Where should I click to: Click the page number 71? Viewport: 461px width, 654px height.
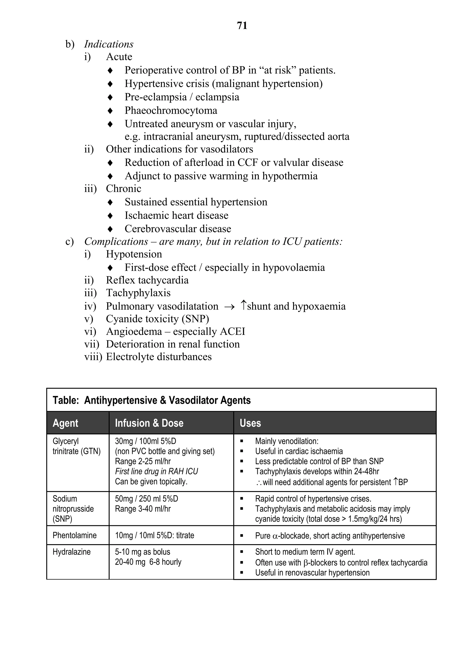click(x=242, y=26)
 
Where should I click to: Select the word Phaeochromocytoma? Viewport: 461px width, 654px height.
click(x=171, y=110)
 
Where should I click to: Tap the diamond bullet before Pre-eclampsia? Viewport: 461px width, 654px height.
click(x=110, y=97)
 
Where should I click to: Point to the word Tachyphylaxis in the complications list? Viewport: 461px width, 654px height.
click(x=138, y=293)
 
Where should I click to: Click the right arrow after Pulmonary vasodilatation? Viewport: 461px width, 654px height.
click(x=229, y=307)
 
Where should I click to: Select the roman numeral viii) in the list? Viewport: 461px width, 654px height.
click(x=93, y=357)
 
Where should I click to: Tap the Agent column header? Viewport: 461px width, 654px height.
click(x=66, y=423)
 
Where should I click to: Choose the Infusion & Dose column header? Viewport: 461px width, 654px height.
click(x=149, y=423)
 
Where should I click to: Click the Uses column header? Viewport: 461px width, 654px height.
click(x=250, y=423)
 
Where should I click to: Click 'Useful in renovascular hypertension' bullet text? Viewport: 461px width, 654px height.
click(x=312, y=573)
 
